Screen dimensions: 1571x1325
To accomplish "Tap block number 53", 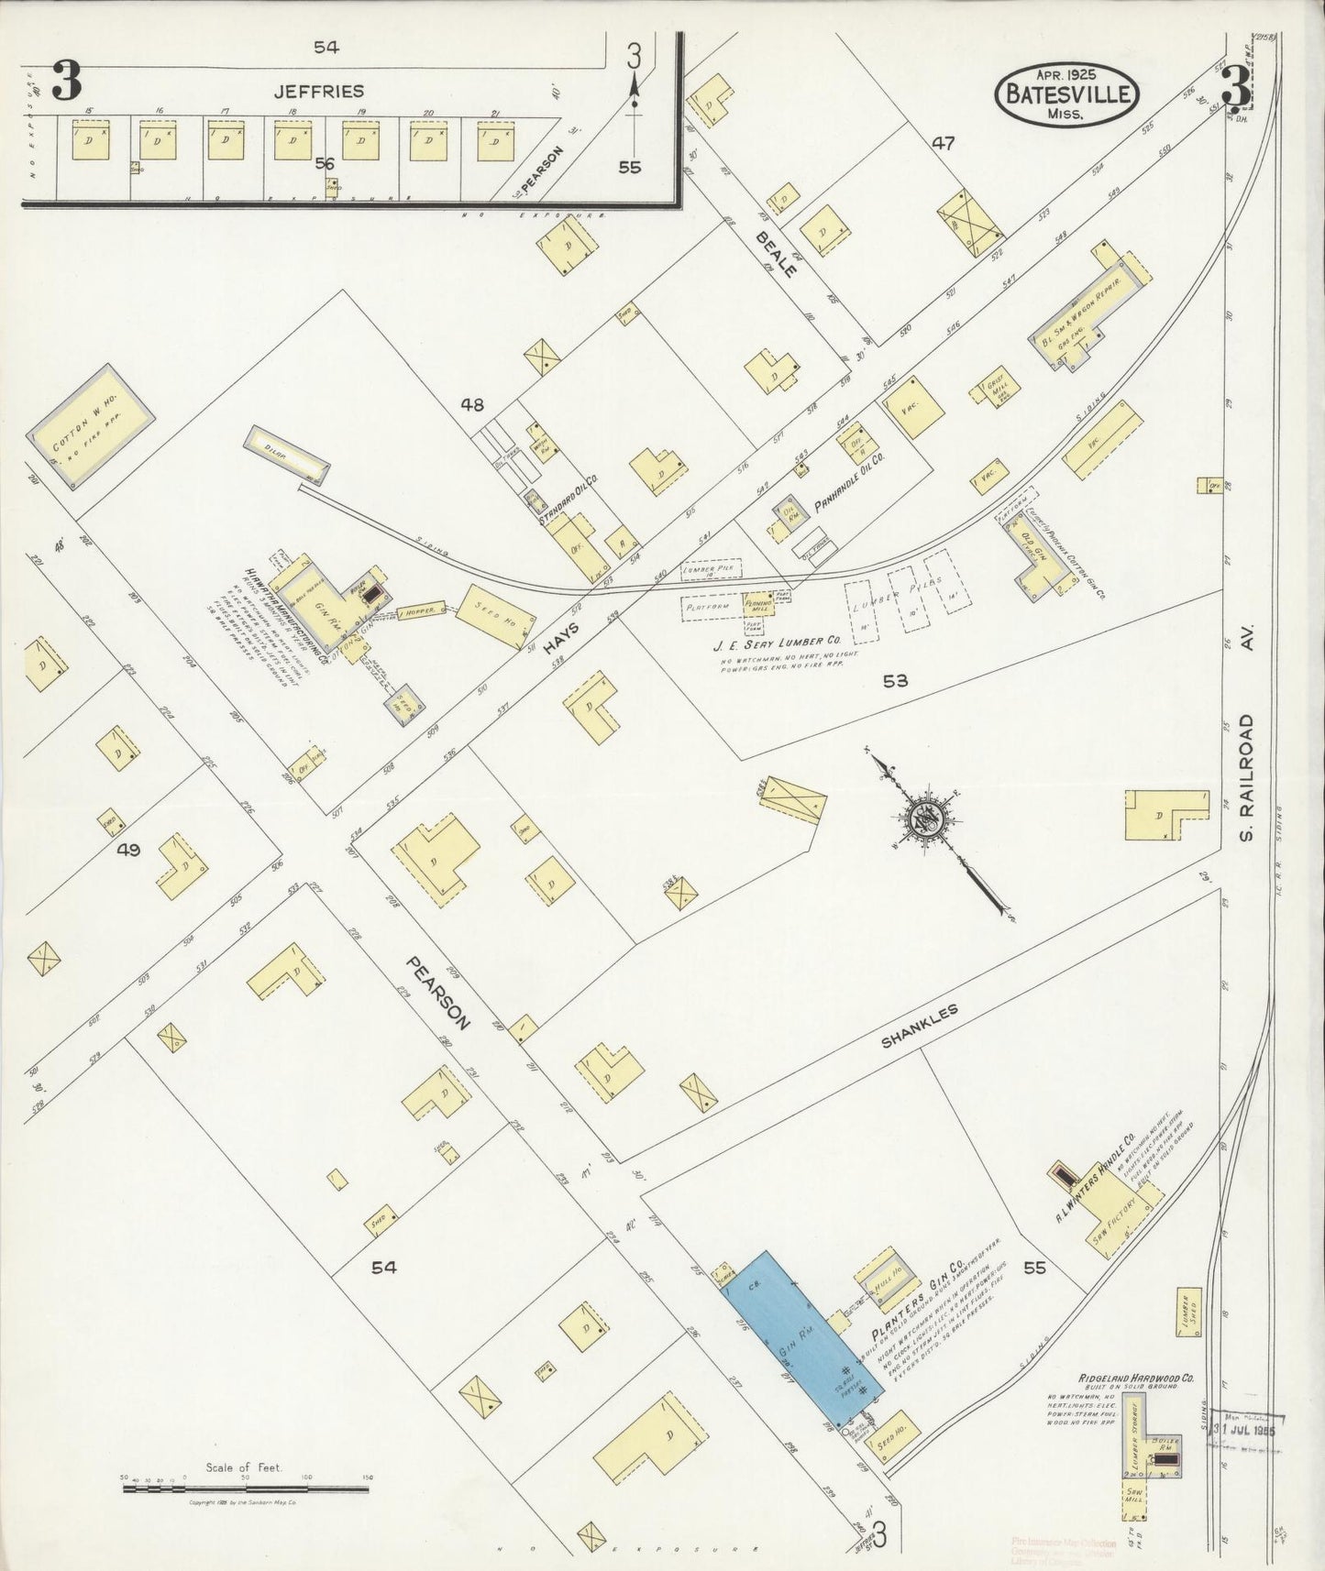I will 895,680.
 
